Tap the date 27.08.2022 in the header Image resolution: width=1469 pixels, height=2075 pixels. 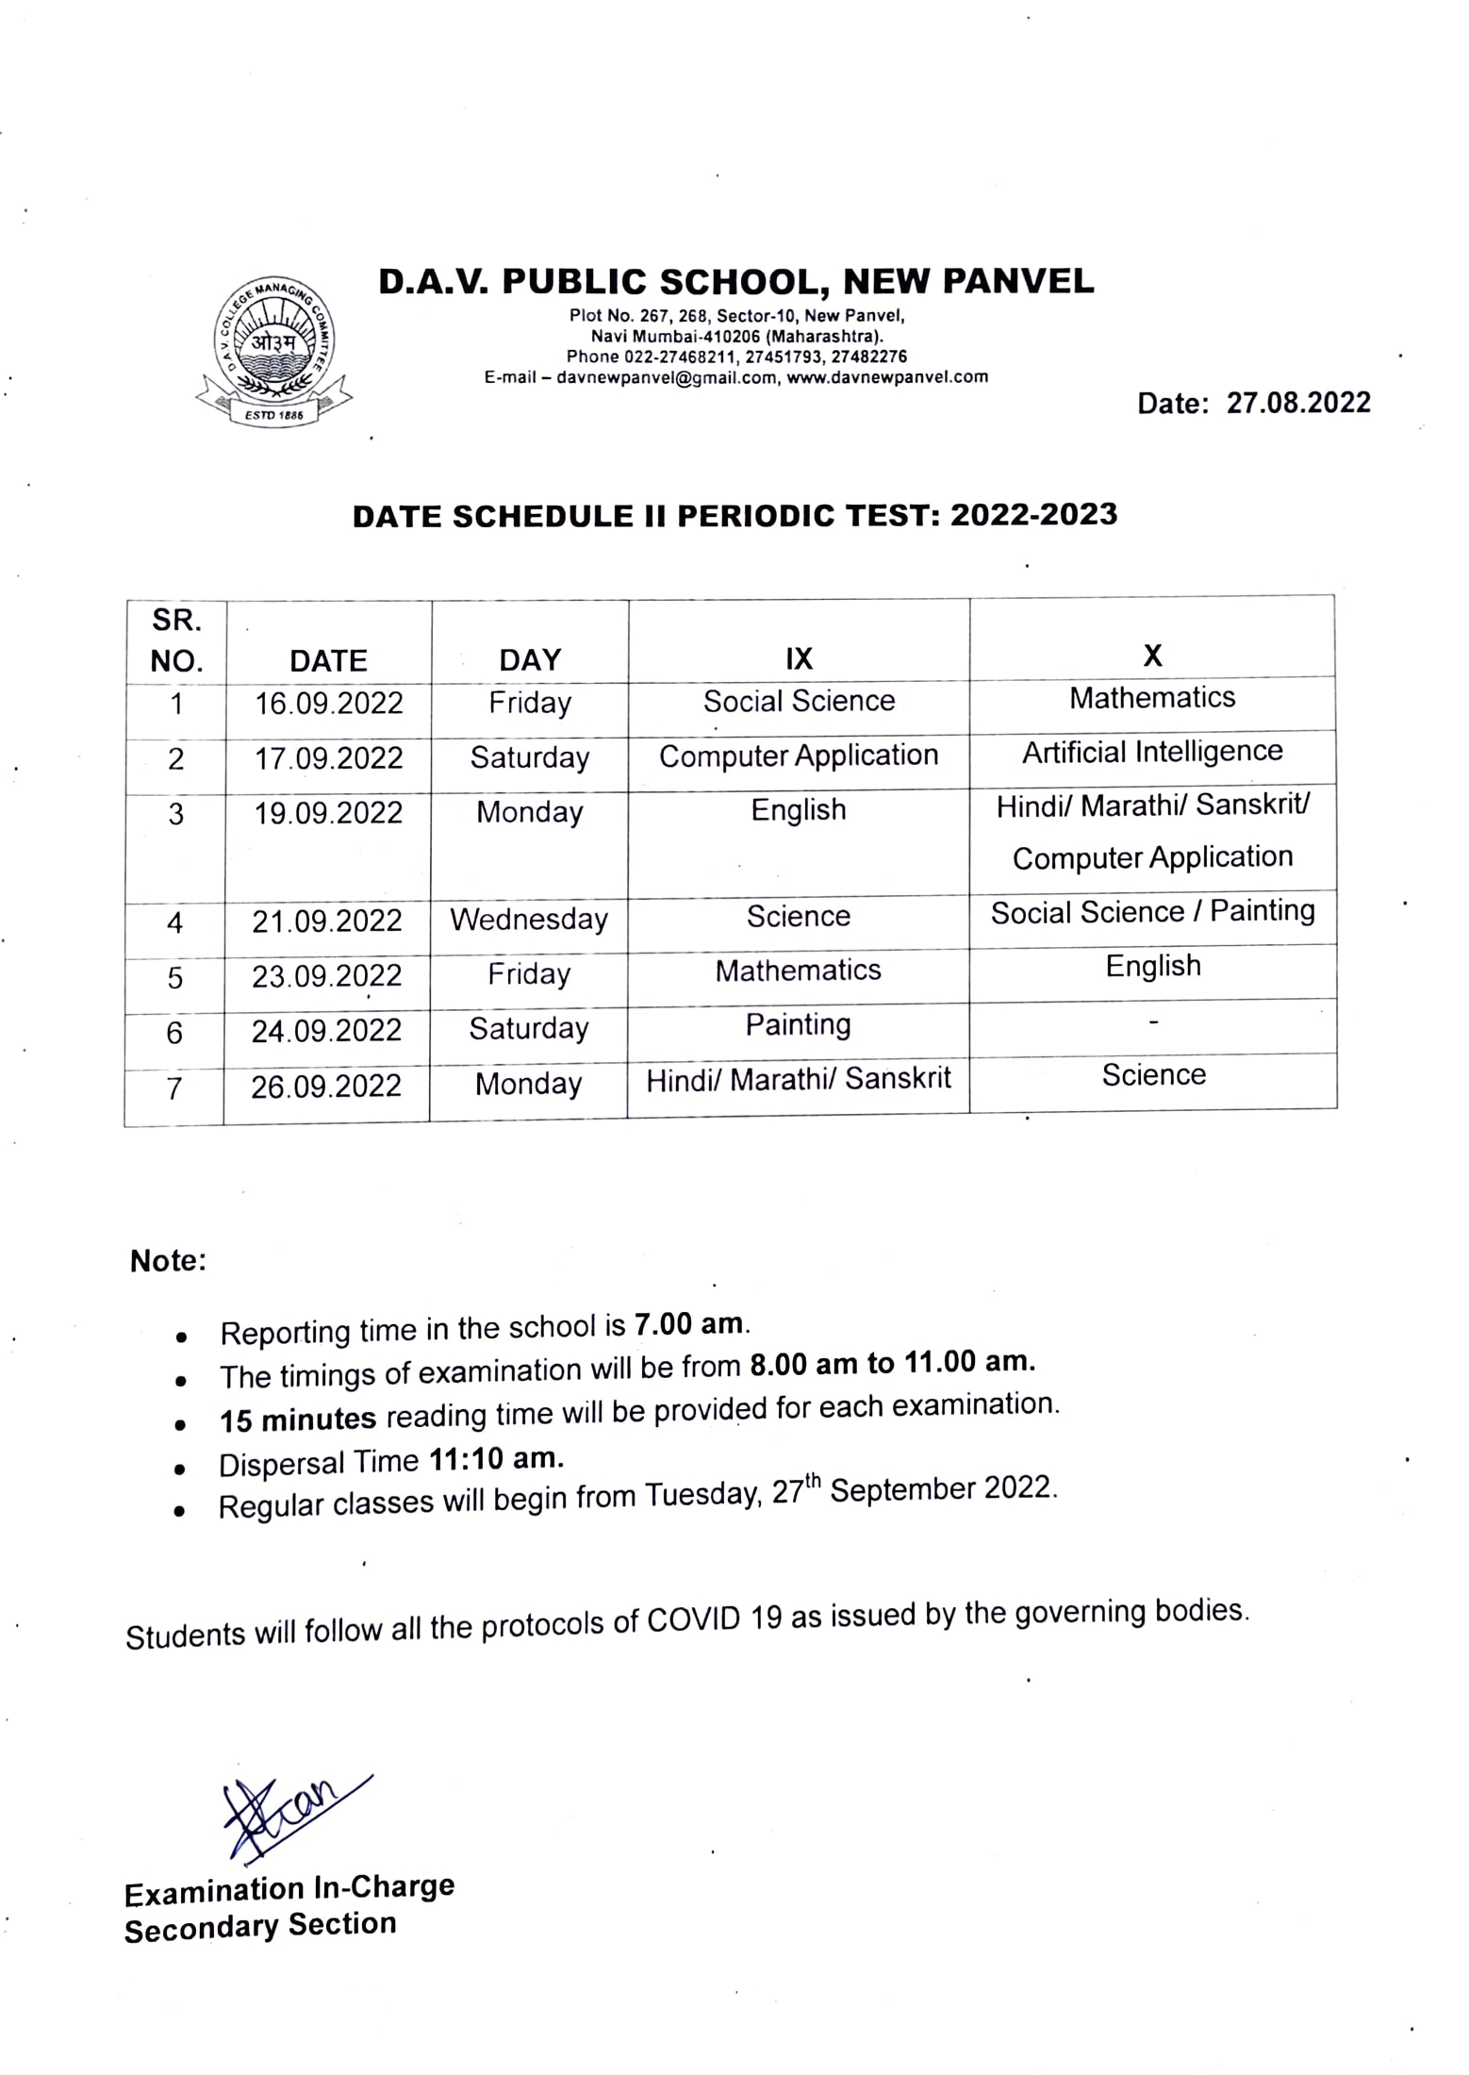1297,403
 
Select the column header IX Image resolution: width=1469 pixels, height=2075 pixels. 799,658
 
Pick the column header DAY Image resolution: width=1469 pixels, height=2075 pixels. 530,659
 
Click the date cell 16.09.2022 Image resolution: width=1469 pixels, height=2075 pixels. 328,704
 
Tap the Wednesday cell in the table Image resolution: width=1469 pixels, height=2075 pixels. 529,919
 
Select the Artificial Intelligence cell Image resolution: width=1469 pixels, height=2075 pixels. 1152,752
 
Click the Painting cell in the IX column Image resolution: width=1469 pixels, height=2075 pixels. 798,1024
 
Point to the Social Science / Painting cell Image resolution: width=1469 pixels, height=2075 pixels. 1152,912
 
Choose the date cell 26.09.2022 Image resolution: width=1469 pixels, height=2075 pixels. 326,1087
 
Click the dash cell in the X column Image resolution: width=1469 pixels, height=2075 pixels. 1153,1021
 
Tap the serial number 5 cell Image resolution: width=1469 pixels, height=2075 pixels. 175,978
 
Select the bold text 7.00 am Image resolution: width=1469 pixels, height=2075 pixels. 688,1324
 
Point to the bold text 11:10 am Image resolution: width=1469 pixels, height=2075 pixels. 496,1459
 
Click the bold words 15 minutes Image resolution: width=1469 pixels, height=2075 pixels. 298,1419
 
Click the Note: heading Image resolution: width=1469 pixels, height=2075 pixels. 168,1261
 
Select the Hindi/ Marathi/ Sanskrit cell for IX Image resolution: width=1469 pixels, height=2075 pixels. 798,1079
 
